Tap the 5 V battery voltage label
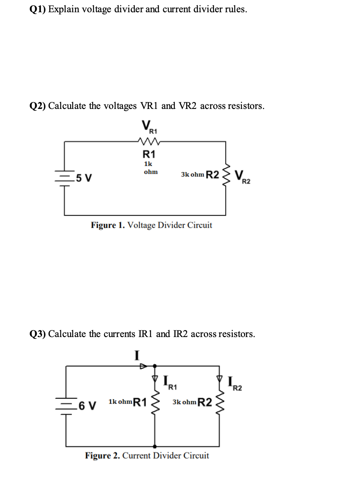[84, 178]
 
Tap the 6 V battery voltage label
[87, 406]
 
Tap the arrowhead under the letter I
[143, 366]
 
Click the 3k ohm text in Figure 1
[192, 175]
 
